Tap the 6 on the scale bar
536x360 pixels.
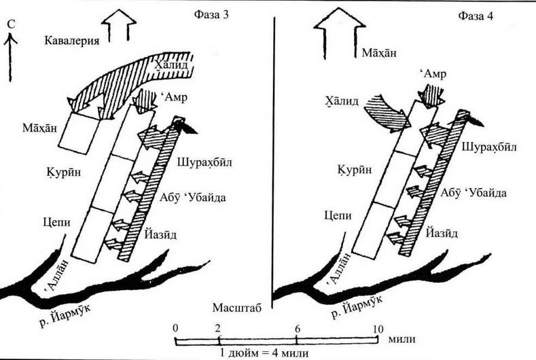pos(298,328)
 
